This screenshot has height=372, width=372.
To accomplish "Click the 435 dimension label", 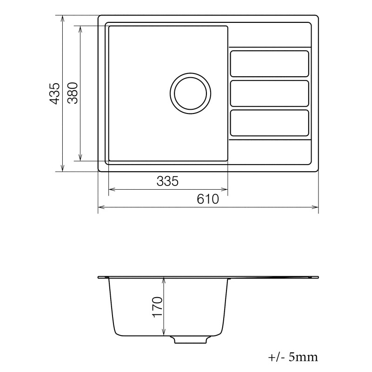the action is coord(54,93).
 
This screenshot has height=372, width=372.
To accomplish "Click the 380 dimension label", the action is coord(73,93).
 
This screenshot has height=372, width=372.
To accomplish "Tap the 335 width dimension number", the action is coord(167,181).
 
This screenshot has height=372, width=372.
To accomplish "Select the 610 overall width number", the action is coord(207,199).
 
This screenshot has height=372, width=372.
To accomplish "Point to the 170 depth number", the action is coord(157,307).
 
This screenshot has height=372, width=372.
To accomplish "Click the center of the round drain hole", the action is coord(191,93).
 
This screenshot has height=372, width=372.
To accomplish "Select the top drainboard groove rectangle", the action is coord(270,64).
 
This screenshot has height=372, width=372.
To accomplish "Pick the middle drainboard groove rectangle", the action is coord(270,93).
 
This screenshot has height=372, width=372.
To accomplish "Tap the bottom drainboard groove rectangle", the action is coord(270,123).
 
